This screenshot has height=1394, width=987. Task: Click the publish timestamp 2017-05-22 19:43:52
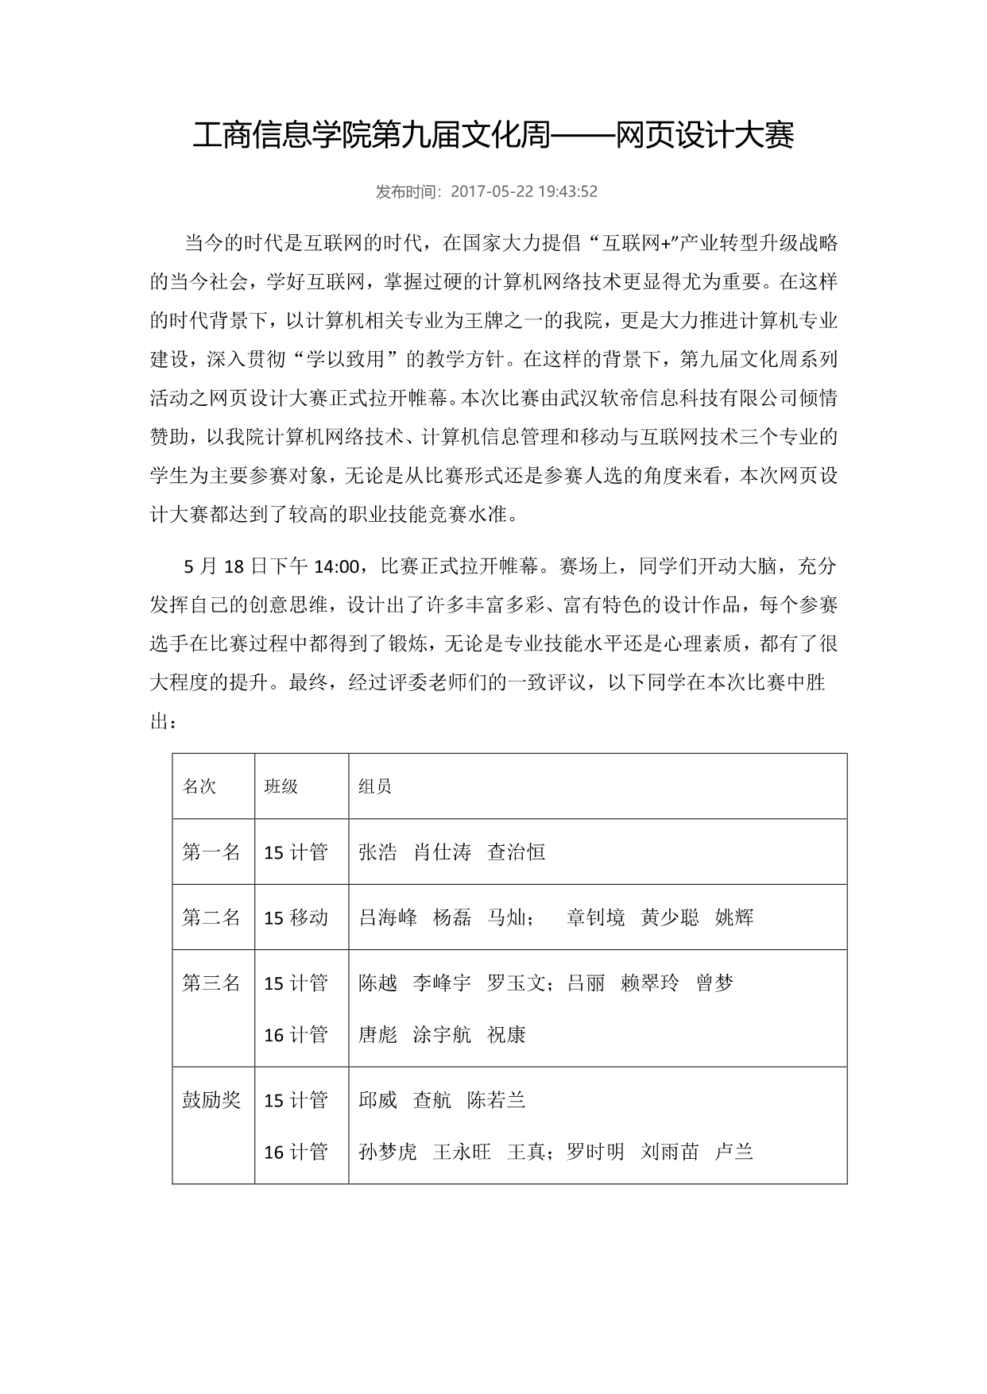524,191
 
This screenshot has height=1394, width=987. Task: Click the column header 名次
199,786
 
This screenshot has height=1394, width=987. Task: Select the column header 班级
281,786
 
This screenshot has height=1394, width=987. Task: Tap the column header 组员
375,786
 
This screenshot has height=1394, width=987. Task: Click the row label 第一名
211,852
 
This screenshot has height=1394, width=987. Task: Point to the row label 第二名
211,917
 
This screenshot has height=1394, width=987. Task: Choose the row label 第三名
211,983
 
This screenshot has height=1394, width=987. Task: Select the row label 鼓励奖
211,1100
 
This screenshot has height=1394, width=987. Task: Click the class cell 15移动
296,917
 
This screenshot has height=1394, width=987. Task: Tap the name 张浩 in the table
377,852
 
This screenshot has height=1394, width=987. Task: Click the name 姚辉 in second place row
734,917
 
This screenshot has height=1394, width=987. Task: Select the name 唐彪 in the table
377,1035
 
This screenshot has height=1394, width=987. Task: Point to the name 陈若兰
497,1100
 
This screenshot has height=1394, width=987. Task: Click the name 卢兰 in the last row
734,1152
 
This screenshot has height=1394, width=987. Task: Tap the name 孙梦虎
388,1152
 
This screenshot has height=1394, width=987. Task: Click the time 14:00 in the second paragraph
337,567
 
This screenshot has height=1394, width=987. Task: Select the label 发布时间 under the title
409,191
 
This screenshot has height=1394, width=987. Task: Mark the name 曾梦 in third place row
714,983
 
